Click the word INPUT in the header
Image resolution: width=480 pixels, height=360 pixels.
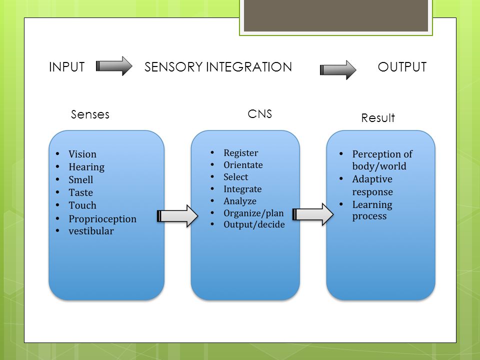point(66,66)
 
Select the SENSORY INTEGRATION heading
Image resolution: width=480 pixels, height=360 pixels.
point(218,66)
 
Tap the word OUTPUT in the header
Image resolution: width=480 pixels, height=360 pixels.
point(402,66)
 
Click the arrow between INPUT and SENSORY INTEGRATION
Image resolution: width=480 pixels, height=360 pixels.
point(114,66)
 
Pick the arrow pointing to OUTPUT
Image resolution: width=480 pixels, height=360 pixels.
point(338,70)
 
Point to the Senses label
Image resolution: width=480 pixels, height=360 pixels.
point(90,114)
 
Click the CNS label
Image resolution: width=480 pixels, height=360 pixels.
point(259,114)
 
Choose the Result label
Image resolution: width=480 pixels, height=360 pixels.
point(378,118)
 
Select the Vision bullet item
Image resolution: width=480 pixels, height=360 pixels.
point(82,153)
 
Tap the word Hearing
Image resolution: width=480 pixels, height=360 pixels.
point(86,167)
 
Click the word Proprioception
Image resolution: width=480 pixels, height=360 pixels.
point(102,219)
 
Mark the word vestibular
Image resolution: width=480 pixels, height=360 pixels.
point(91,231)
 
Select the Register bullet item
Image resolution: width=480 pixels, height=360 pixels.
point(241,153)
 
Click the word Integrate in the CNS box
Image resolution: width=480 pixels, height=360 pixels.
point(242,189)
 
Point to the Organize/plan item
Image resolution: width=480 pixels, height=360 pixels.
point(253,213)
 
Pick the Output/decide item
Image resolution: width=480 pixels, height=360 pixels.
point(254,224)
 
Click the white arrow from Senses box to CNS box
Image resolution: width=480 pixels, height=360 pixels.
point(177,216)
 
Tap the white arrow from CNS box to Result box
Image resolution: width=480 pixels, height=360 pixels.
point(313,214)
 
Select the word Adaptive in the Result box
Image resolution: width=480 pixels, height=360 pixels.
point(372,179)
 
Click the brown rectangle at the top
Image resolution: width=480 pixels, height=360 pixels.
point(336,15)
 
